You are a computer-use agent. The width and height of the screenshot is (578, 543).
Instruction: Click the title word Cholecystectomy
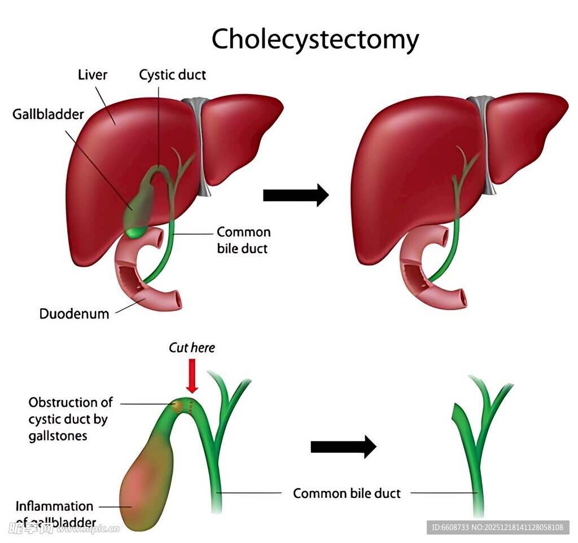pyautogui.click(x=315, y=39)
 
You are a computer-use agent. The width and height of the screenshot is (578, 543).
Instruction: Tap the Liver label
pyautogui.click(x=93, y=75)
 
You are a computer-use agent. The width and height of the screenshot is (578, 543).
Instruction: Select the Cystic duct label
pyautogui.click(x=173, y=75)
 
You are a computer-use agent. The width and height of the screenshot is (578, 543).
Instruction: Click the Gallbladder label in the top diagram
pyautogui.click(x=48, y=114)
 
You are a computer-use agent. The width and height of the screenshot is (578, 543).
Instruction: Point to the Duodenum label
pyautogui.click(x=74, y=314)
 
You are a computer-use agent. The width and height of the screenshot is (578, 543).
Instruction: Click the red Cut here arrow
pyautogui.click(x=192, y=377)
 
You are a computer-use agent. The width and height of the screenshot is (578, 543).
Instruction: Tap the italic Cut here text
pyautogui.click(x=192, y=348)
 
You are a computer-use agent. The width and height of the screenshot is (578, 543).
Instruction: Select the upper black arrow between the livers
pyautogui.click(x=296, y=195)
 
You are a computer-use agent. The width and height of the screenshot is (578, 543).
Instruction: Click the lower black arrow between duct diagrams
pyautogui.click(x=343, y=447)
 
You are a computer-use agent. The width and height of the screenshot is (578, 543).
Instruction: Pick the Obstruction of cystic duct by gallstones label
pyautogui.click(x=71, y=419)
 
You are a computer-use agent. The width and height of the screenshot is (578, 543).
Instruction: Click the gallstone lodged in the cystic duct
pyautogui.click(x=179, y=405)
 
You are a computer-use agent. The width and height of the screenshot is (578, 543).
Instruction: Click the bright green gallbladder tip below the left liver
pyautogui.click(x=134, y=232)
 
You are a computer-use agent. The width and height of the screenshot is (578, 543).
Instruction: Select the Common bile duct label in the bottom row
pyautogui.click(x=347, y=494)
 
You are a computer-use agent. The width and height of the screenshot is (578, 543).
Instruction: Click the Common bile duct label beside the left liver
pyautogui.click(x=243, y=240)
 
